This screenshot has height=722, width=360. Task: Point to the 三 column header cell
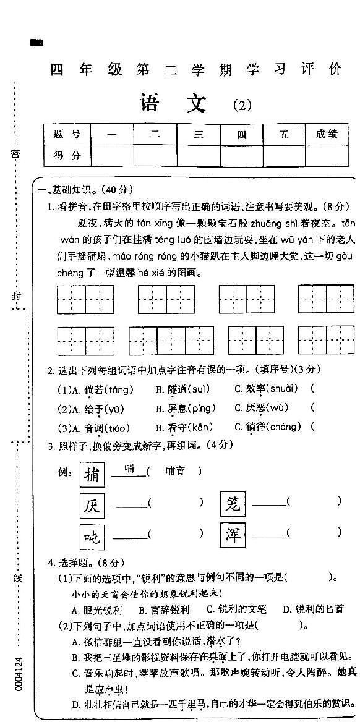(198, 134)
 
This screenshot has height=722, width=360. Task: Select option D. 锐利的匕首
(312, 609)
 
